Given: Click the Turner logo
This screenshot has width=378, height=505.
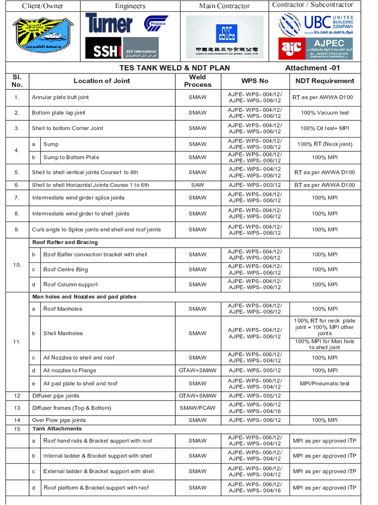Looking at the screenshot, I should (109, 23).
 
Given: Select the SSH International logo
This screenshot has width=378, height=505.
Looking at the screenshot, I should (122, 48).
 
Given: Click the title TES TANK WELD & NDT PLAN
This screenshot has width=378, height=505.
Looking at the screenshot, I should (175, 68).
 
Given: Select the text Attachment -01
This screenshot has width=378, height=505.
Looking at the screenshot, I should (312, 68).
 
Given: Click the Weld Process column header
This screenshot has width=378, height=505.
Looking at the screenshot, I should (197, 81).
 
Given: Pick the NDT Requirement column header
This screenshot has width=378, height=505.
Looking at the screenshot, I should (324, 81).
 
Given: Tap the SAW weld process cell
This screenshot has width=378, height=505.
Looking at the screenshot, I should (197, 185).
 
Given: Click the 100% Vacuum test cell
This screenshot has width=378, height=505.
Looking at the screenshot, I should (325, 112).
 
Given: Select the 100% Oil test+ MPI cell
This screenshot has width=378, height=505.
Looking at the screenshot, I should (325, 128).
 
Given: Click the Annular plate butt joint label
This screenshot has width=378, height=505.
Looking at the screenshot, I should (61, 97).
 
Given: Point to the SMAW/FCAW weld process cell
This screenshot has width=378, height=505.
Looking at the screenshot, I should (197, 408).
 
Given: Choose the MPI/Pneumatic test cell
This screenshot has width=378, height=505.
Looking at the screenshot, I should (325, 383).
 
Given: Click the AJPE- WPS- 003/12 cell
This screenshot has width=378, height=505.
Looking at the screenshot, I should (254, 185).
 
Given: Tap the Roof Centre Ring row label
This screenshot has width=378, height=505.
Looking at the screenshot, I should (65, 269).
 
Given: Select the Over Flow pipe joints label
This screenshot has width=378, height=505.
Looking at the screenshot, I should (59, 420).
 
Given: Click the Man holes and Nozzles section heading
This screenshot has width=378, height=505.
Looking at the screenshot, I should (84, 297).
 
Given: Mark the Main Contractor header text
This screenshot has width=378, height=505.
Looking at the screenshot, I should (224, 6).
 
